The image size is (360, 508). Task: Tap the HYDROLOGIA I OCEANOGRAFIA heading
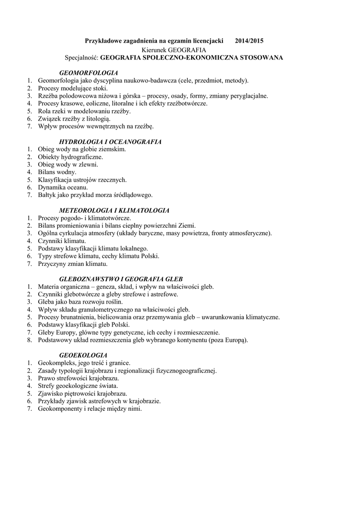110,141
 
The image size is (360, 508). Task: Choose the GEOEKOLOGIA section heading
83,355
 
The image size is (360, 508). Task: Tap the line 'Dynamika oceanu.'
63,187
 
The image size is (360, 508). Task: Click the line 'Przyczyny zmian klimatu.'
73,263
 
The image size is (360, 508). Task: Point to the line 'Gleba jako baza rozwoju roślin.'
80,302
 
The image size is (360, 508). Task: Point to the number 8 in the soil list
30,340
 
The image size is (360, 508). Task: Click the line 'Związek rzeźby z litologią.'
74,119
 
